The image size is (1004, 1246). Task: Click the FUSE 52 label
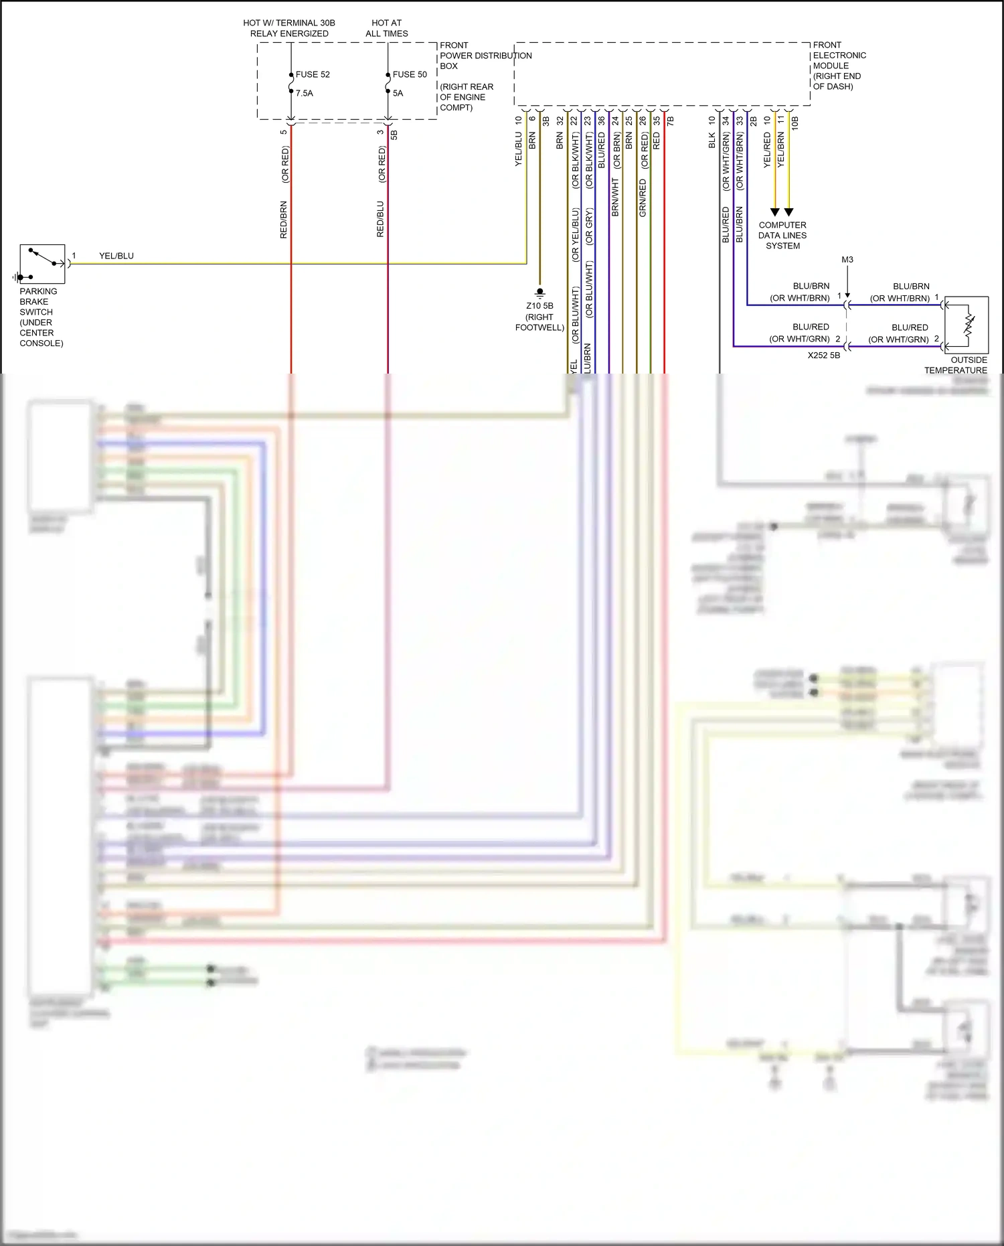(x=313, y=74)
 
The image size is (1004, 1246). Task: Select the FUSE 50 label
(x=409, y=74)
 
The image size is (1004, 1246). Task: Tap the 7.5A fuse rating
(x=305, y=93)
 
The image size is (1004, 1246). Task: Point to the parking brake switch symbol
(x=42, y=264)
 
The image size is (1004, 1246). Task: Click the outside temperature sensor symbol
(x=966, y=325)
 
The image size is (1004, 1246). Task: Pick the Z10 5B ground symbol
(x=539, y=293)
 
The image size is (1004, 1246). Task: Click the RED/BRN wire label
(x=283, y=220)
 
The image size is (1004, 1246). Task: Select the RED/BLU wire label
(x=380, y=220)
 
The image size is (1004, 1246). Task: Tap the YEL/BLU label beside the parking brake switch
(x=116, y=256)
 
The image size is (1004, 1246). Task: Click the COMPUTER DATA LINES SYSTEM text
(x=782, y=236)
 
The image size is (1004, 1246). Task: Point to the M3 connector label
(x=847, y=260)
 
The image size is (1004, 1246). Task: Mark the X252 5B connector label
(x=823, y=356)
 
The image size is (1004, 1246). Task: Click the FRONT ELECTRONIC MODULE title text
(x=839, y=66)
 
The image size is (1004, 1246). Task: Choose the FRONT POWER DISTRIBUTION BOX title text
(x=485, y=56)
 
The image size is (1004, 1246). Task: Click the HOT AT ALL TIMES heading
(x=386, y=28)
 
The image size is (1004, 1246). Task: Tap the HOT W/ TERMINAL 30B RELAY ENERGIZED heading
(x=289, y=28)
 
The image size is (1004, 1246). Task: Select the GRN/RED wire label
(x=643, y=198)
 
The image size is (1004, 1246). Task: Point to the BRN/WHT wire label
(x=615, y=198)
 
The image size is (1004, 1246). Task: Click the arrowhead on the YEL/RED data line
(x=775, y=212)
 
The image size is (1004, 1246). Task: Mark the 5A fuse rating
(x=398, y=93)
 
